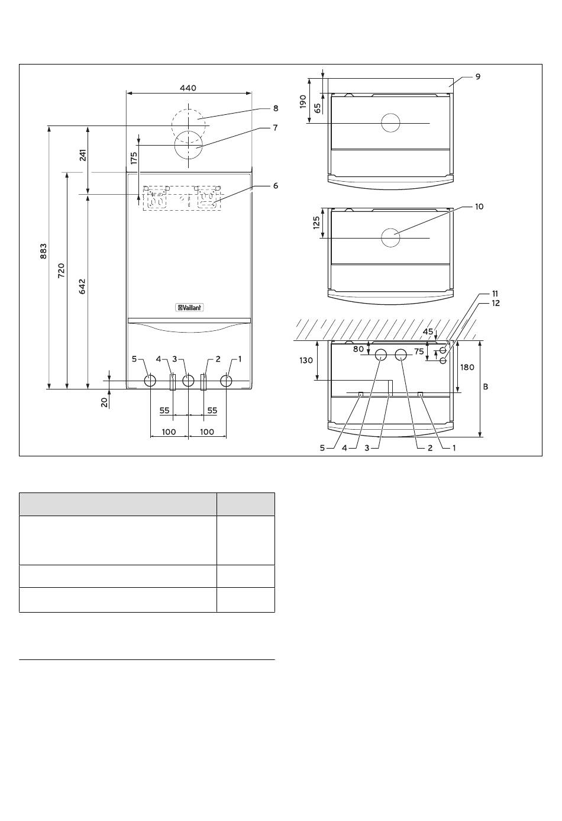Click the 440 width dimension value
click(188, 88)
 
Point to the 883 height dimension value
click(44, 251)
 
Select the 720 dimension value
click(61, 270)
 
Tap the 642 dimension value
click(82, 286)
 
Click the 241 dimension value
click(83, 155)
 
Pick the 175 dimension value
click(134, 157)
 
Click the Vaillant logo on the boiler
click(189, 308)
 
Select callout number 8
click(276, 108)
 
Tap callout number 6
click(276, 186)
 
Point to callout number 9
click(477, 76)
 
